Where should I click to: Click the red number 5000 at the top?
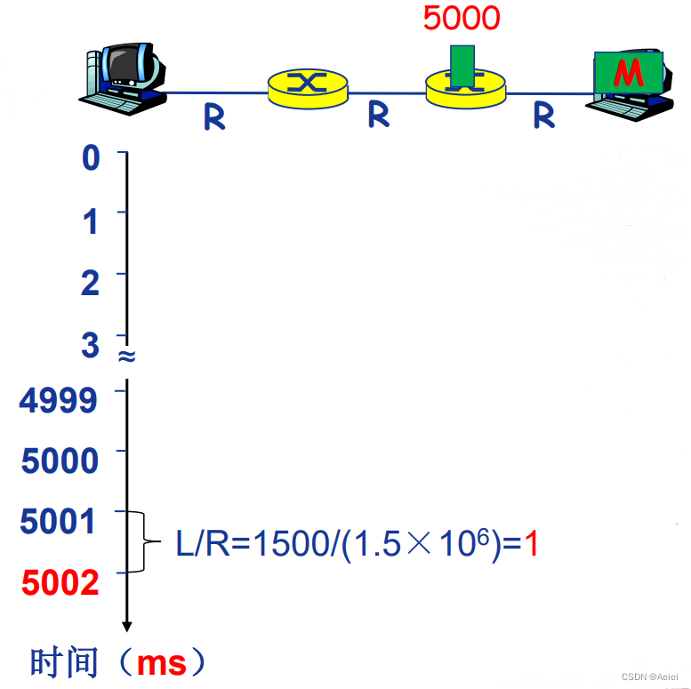click(461, 18)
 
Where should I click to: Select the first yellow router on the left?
click(307, 84)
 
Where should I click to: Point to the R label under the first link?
click(214, 116)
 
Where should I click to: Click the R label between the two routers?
click(379, 114)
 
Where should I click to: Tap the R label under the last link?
click(543, 115)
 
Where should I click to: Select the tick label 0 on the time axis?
click(91, 159)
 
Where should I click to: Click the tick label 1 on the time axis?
click(91, 220)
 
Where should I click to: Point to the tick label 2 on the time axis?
click(91, 283)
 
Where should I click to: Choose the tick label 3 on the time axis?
click(91, 344)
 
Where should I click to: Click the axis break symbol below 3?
click(126, 357)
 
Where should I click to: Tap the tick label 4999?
click(59, 400)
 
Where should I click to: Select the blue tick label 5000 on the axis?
click(60, 461)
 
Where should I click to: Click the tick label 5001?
click(59, 521)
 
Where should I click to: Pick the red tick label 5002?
click(60, 582)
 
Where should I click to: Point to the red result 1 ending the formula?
click(531, 543)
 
